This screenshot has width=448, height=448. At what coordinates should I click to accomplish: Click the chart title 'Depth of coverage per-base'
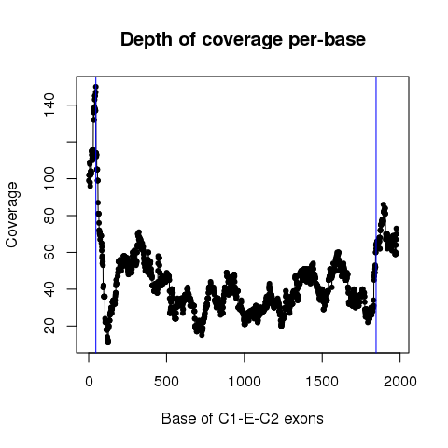coord(243,39)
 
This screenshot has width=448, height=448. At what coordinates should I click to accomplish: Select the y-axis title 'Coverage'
coord(12,215)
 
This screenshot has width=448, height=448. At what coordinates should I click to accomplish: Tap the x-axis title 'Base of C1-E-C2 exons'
coord(243,418)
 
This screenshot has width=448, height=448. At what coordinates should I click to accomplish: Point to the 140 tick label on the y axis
coord(49,105)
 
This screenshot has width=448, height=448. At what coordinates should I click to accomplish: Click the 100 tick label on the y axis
coord(49,178)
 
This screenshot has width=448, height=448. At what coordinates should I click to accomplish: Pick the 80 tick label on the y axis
coord(49,216)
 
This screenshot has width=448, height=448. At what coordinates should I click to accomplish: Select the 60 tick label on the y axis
coord(49,252)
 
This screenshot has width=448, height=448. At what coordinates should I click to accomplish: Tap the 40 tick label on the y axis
coord(49,289)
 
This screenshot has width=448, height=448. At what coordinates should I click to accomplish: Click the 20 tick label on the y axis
coord(49,326)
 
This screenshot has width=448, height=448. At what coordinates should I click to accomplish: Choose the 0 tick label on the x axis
coord(89,382)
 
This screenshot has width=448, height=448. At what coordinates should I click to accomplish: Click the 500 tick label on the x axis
coord(167,382)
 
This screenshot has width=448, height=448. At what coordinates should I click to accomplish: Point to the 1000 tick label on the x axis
coord(245,382)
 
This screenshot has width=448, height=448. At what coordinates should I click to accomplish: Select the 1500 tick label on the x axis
coord(322,382)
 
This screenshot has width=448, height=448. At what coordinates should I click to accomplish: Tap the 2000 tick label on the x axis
coord(400,382)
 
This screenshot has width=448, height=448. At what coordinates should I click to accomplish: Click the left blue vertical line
coord(96,215)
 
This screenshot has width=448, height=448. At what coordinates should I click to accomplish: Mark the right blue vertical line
coord(376,215)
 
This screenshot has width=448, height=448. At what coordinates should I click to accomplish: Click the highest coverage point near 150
coord(96,87)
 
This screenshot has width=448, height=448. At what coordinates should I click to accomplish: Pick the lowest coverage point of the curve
coord(108,343)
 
